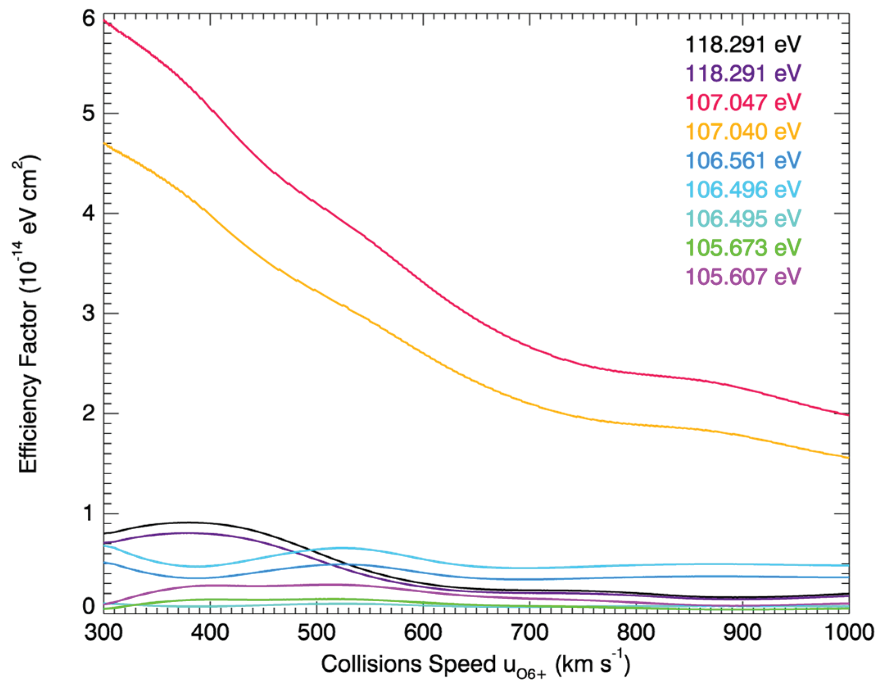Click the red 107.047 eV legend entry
pyautogui.click(x=743, y=102)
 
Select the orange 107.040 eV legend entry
pyautogui.click(x=743, y=131)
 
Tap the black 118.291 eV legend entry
pyautogui.click(x=743, y=44)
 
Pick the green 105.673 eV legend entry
pyautogui.click(x=743, y=247)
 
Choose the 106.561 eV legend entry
pyautogui.click(x=743, y=161)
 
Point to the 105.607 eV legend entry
pyautogui.click(x=743, y=276)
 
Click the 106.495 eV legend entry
pyautogui.click(x=743, y=218)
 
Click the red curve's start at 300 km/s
pyautogui.click(x=104, y=20)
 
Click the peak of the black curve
pyautogui.click(x=188, y=523)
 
